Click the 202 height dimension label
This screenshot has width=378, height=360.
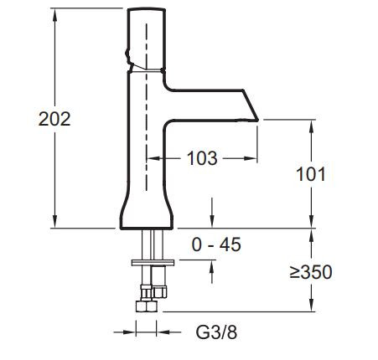click(54, 119)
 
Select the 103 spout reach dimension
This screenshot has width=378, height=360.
click(202, 158)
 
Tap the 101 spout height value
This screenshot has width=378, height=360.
click(311, 174)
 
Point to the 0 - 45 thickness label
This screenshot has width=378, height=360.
click(216, 244)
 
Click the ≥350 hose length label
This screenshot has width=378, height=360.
click(311, 272)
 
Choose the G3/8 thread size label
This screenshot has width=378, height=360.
click(216, 332)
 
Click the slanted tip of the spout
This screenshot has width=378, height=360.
click(251, 105)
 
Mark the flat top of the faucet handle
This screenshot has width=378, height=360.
click(147, 10)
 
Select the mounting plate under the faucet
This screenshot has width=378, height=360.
click(153, 262)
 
